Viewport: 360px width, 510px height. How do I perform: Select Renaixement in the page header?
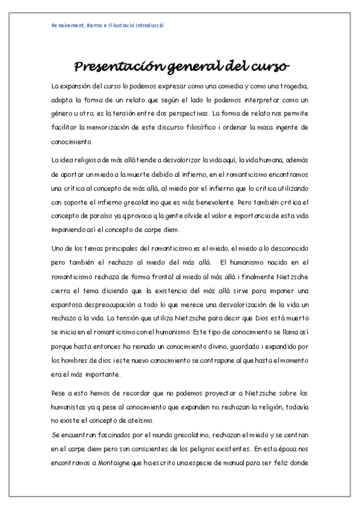click(69, 25)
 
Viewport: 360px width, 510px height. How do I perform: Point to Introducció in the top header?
click(147, 25)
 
